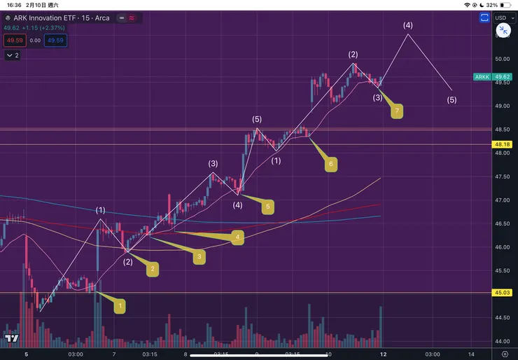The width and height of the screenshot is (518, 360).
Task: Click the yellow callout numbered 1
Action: coord(120,306)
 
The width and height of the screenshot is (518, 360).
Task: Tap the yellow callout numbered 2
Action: coord(153,268)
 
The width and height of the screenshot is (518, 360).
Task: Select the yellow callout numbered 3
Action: coord(199,257)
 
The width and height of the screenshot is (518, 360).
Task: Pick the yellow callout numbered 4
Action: coord(238,237)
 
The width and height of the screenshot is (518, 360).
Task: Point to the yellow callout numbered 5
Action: coord(267,207)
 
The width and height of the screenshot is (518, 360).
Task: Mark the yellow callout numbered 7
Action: coord(397,111)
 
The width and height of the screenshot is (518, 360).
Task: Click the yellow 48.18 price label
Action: coord(501,145)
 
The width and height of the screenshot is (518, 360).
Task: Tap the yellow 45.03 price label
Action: coord(501,293)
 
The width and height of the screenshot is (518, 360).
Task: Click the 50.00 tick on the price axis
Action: coord(501,59)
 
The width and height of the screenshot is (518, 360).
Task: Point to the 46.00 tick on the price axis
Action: coord(501,247)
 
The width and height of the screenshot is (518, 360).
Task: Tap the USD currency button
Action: coord(502,18)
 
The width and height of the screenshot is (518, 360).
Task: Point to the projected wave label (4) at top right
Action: coord(408,25)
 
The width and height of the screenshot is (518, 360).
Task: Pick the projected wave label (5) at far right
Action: coord(451,99)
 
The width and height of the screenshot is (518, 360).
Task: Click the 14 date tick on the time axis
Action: coord(471,354)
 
